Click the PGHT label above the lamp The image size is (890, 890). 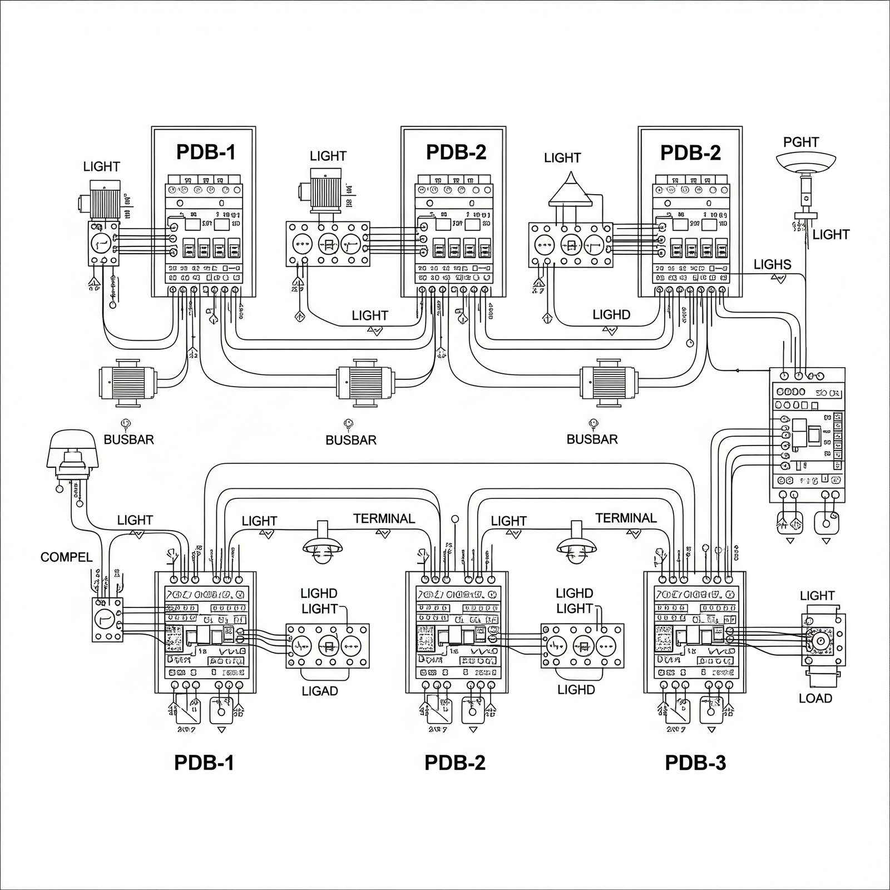[x=801, y=142]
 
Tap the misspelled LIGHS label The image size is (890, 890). [x=772, y=264]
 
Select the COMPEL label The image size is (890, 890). [x=66, y=557]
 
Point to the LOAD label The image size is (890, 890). [x=815, y=698]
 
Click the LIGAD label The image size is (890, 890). [x=320, y=691]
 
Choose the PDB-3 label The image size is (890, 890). [x=695, y=763]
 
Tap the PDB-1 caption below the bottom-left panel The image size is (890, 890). [x=204, y=763]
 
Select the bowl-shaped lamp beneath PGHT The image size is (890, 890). [x=805, y=162]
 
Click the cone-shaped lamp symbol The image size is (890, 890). [x=569, y=190]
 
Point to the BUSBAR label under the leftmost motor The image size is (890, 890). [x=128, y=439]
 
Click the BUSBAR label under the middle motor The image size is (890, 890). [x=351, y=440]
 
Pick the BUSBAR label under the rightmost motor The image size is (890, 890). [x=592, y=439]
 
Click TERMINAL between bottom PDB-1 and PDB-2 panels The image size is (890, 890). [x=384, y=519]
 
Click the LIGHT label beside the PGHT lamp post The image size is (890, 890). [x=831, y=235]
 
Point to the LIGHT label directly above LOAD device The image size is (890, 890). [x=817, y=596]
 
